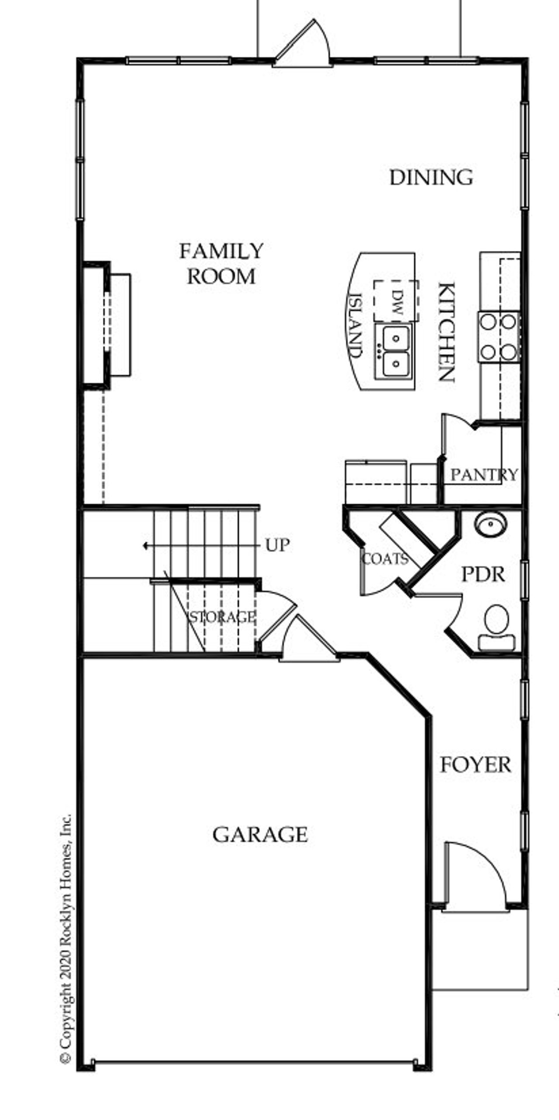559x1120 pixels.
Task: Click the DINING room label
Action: pos(431,177)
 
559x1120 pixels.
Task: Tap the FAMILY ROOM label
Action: pos(221,264)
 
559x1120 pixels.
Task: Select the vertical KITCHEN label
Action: pos(447,332)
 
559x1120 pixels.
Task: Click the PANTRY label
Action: pos(484,475)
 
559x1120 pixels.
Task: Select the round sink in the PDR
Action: pos(490,524)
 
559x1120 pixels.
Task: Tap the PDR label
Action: pos(483,575)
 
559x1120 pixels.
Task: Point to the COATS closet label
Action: pos(385,559)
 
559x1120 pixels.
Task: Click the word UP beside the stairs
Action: pos(277,545)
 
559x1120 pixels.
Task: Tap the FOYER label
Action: pos(475,765)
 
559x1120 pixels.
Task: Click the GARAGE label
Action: pos(260,835)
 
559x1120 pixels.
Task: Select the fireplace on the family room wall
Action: pos(107,325)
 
